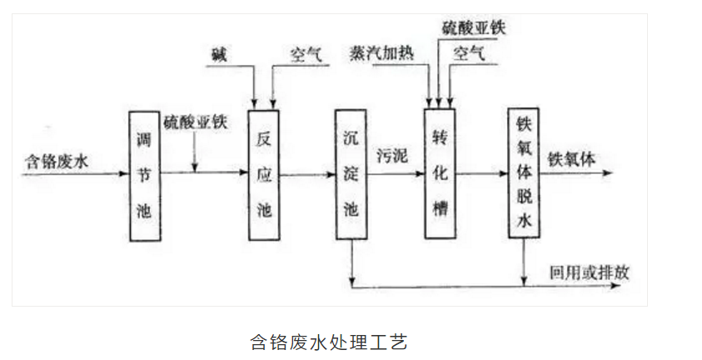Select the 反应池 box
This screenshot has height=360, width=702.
(x=264, y=175)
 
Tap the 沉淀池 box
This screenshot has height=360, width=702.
(x=351, y=175)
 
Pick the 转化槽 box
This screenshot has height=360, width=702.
(x=441, y=175)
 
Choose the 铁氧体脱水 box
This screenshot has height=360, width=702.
(x=524, y=175)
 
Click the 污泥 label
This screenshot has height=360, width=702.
(x=391, y=156)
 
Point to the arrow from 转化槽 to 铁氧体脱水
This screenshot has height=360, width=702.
(x=482, y=175)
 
